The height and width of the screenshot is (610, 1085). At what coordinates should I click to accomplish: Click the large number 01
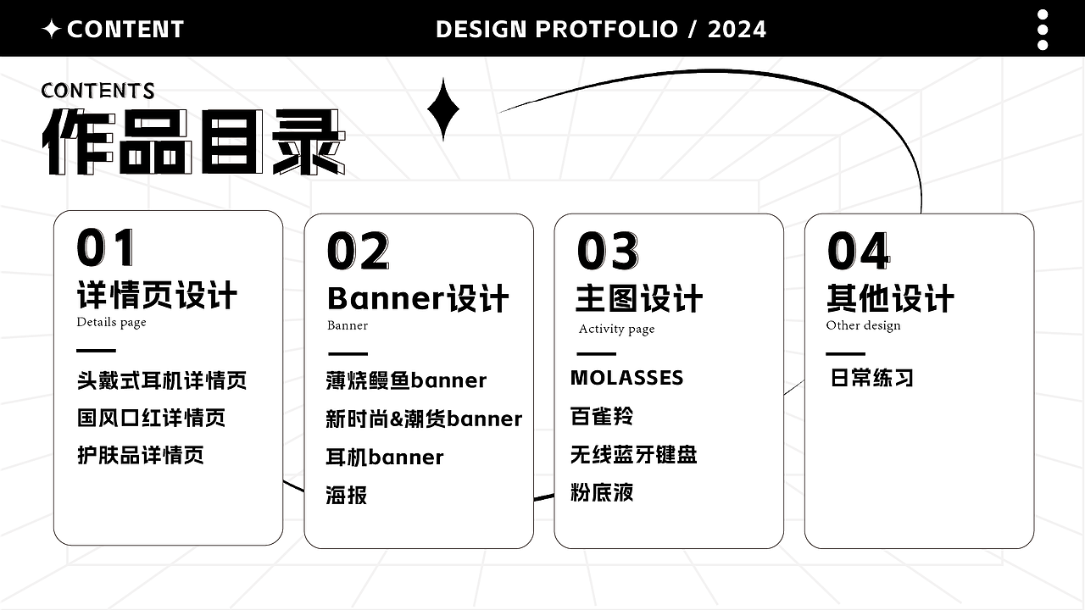(106, 248)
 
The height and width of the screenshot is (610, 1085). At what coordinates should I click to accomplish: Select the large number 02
(358, 252)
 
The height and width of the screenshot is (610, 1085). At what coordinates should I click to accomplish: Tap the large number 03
(607, 252)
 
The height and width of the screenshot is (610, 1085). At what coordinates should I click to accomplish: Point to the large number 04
(858, 252)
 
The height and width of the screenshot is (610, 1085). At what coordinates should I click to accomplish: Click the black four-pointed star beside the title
(442, 109)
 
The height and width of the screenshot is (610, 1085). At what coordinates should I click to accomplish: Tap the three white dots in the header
(1043, 30)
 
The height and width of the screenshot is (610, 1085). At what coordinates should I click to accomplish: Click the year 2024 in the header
(737, 30)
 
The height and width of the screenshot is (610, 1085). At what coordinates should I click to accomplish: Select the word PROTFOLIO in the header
(607, 30)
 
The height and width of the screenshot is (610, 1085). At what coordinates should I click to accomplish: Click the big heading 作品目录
(193, 141)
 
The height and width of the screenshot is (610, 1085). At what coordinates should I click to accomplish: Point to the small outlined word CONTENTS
(97, 90)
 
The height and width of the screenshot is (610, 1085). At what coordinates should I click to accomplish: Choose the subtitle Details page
(111, 322)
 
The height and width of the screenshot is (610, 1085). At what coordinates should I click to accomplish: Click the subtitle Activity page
(616, 329)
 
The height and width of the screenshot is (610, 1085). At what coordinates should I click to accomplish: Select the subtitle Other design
(863, 325)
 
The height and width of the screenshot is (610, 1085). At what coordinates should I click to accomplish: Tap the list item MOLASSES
(626, 378)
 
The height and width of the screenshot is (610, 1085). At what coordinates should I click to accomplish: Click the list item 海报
(346, 495)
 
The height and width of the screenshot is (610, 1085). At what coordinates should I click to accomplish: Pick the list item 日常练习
(871, 378)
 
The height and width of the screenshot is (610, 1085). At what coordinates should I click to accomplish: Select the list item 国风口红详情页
(151, 418)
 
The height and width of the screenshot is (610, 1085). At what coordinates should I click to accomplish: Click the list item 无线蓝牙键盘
(633, 455)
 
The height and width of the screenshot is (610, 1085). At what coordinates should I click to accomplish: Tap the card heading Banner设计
(418, 298)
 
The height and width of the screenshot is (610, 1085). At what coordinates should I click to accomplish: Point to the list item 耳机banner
(384, 457)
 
